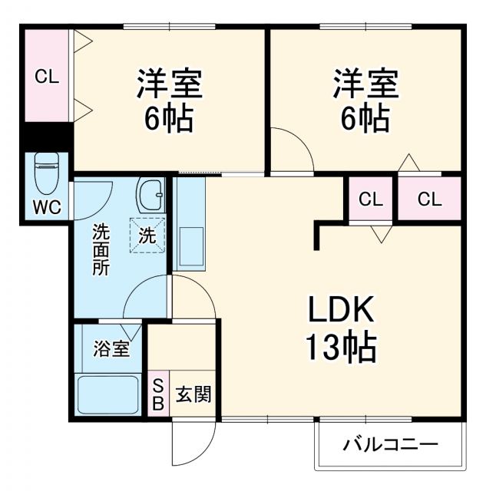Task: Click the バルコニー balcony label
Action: coord(390,444)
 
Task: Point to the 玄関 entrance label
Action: coord(193,394)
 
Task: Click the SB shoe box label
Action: coord(157,394)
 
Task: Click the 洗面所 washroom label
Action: coord(101,249)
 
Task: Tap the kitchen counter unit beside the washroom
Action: coord(189,222)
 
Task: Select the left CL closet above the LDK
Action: coord(371,199)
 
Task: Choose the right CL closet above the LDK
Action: coord(429,199)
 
